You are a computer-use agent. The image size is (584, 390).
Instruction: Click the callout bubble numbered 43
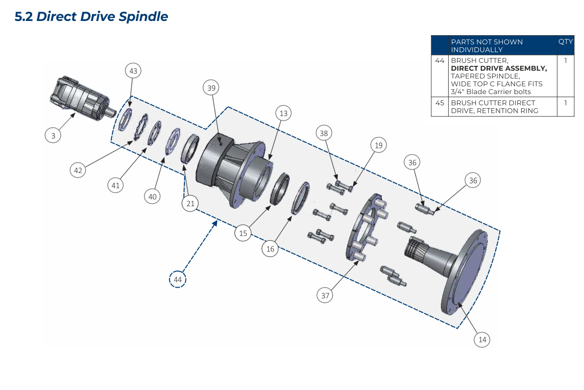click(x=133, y=71)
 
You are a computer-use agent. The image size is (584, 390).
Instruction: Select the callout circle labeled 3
click(x=54, y=136)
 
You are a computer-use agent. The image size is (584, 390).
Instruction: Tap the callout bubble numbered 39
click(x=211, y=88)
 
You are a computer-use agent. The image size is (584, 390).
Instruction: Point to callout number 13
click(x=283, y=114)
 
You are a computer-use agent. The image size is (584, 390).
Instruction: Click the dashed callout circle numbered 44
click(x=178, y=280)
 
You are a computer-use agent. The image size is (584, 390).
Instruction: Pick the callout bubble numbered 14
click(x=482, y=340)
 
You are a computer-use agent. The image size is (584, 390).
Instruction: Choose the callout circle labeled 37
click(x=325, y=295)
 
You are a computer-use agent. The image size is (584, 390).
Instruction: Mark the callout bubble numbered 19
click(x=378, y=145)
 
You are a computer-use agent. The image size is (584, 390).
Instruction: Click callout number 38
click(x=325, y=133)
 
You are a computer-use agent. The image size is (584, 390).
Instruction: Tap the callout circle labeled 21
click(x=190, y=204)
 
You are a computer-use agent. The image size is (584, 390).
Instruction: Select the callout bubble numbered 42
click(x=78, y=170)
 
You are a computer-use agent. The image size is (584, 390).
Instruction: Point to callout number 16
click(x=271, y=249)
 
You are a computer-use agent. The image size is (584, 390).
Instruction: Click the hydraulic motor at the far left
click(x=80, y=97)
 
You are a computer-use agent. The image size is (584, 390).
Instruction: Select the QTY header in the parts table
click(x=566, y=42)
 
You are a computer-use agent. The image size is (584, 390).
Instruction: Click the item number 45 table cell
click(x=440, y=103)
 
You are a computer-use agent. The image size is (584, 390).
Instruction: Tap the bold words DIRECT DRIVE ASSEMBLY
click(x=499, y=68)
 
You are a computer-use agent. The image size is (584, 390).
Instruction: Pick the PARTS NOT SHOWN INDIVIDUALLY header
click(x=487, y=45)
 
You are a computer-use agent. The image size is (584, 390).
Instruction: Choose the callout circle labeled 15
click(x=243, y=234)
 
